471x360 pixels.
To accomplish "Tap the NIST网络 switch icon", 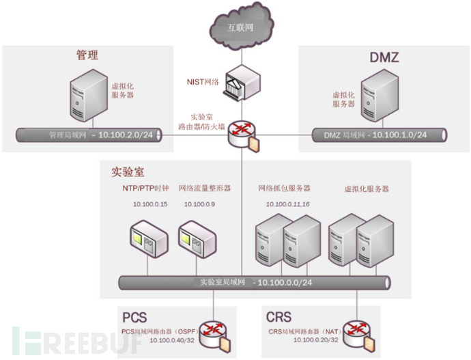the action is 242,83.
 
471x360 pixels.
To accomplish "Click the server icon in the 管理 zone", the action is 89,95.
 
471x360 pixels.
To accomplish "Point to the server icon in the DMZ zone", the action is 380,95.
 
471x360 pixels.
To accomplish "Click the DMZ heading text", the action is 384,57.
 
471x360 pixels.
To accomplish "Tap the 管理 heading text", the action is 87,55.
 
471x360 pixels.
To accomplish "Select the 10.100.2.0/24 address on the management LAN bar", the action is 126,135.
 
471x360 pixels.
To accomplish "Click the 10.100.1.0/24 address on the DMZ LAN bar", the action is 399,135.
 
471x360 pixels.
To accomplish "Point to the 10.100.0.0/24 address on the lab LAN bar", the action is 285,283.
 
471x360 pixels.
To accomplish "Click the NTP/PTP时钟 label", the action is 145,188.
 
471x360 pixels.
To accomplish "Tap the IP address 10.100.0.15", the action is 150,204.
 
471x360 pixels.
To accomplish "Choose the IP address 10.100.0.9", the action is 199,204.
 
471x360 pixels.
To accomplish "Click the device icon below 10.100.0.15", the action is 149,239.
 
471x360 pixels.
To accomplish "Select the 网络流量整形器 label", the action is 205,188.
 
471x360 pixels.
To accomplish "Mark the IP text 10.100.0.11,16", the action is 287,204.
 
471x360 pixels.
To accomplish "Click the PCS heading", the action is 134,318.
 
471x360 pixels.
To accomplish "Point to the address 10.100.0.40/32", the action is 172,340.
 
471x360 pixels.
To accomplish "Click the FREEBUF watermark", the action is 76,341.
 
